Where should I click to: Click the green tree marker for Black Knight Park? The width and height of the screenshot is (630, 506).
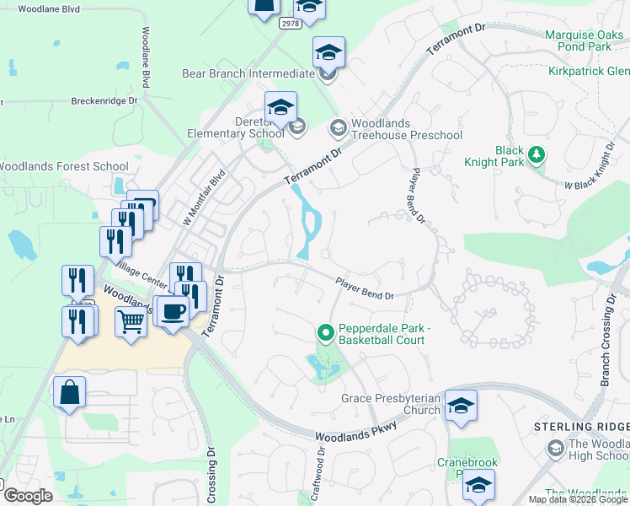pyautogui.click(x=536, y=154)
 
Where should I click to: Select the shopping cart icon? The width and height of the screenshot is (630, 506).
pyautogui.click(x=131, y=320)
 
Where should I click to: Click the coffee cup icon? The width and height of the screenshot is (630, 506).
pyautogui.click(x=173, y=310)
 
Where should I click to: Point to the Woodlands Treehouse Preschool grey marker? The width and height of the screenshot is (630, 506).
pyautogui.click(x=338, y=128)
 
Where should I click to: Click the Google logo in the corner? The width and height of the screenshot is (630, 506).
pyautogui.click(x=28, y=495)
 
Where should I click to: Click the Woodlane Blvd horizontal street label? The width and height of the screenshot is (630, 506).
pyautogui.click(x=49, y=8)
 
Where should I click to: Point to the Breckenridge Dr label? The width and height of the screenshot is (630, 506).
pyautogui.click(x=104, y=100)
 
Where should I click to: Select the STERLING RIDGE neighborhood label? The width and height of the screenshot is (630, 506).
pyautogui.click(x=581, y=427)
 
